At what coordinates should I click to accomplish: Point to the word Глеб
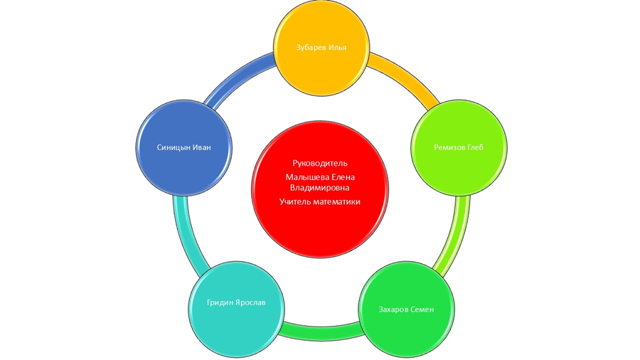click(x=476, y=148)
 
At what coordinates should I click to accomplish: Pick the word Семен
click(x=424, y=309)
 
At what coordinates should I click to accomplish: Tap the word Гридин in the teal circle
click(x=222, y=302)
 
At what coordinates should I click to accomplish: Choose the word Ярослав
click(x=251, y=302)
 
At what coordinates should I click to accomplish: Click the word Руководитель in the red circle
click(x=320, y=163)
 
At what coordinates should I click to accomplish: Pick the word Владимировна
click(x=320, y=187)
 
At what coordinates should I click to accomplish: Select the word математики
click(x=338, y=201)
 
